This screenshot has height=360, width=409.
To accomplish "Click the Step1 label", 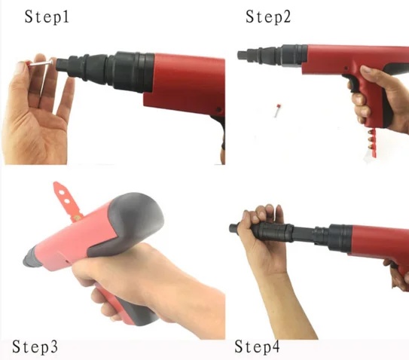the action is tap(47, 17).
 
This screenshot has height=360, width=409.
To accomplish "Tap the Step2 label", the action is tap(268, 17).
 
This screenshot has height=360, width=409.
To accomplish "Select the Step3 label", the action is tap(35, 347).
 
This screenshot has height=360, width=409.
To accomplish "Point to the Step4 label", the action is tap(257, 347).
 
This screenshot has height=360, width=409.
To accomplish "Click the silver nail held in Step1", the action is tap(41, 63).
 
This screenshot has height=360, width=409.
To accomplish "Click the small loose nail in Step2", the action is tap(276, 111).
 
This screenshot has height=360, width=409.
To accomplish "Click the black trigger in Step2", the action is tap(352, 84).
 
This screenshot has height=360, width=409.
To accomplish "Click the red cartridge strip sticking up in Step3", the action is tap(66, 201).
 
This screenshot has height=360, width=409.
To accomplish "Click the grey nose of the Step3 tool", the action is tap(32, 258).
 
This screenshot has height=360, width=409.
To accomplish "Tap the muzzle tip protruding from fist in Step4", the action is tap(233, 228).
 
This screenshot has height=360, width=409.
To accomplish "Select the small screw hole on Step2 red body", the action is tap(346, 69).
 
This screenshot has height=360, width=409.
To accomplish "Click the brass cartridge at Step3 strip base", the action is tap(77, 218).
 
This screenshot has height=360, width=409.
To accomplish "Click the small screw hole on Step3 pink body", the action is tap(66, 261).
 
